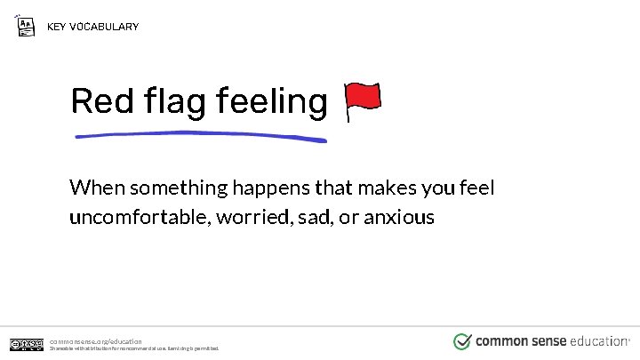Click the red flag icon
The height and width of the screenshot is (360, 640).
362,101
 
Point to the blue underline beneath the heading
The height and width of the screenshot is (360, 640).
200,136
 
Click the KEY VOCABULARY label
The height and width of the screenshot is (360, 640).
92,27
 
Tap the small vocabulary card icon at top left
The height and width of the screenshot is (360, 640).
27,25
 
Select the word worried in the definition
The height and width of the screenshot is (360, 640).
251,217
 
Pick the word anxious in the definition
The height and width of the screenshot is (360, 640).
399,217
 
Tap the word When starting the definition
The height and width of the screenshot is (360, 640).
97,188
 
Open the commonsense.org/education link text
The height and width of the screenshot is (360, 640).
95,341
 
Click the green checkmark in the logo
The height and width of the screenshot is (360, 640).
462,341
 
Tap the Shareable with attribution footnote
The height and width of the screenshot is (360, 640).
133,348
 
